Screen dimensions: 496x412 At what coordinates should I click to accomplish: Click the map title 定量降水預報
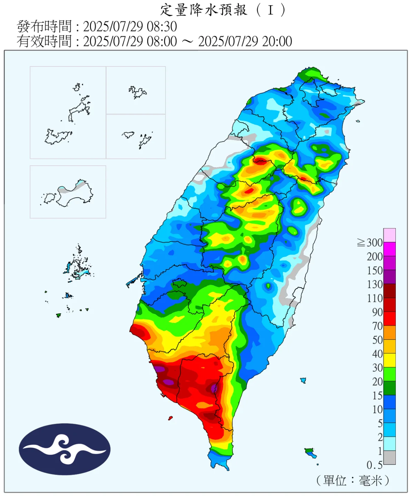(203, 10)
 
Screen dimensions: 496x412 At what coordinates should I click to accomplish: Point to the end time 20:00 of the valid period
(277, 41)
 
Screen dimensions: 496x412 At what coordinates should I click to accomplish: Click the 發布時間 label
(44, 27)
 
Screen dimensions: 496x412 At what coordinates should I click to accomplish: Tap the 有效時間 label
(44, 41)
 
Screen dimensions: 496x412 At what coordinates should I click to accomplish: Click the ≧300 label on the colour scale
(370, 243)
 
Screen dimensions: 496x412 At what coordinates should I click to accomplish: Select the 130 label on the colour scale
(375, 285)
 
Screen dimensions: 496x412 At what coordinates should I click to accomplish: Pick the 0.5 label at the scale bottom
(374, 465)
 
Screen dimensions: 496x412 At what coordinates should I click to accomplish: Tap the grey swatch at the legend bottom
(390, 457)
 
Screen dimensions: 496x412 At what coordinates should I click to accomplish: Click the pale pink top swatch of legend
(390, 235)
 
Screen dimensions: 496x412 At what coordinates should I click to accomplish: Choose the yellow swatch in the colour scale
(390, 360)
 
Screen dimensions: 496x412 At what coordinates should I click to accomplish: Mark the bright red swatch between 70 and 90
(390, 319)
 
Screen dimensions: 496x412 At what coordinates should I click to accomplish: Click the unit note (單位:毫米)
(353, 480)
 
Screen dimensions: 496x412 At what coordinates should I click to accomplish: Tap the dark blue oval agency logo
(64, 449)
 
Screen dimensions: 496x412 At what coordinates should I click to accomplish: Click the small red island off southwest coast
(170, 418)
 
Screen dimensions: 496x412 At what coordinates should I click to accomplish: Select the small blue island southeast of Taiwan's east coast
(303, 380)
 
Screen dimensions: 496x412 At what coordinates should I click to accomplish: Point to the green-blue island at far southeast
(311, 453)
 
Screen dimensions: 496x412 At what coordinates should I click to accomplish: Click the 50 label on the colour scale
(377, 340)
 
